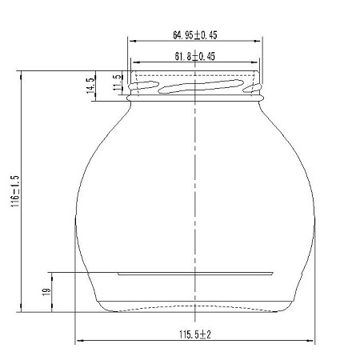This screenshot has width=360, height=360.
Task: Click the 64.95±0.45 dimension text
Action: [x=195, y=35]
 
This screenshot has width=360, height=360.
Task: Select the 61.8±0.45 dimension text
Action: [x=195, y=56]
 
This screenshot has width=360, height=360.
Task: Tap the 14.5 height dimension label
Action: [x=90, y=86]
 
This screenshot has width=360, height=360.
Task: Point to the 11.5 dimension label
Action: [x=118, y=82]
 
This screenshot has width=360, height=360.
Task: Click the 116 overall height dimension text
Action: [x=15, y=191]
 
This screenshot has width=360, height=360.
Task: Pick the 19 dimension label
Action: [x=46, y=291]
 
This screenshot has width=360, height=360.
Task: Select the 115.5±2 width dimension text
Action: [x=195, y=334]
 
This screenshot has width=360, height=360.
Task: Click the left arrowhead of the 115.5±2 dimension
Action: [x=79, y=341]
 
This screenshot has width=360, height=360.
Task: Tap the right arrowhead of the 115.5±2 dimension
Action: [x=310, y=341]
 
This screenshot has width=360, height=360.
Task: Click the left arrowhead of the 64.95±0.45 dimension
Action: [x=133, y=41]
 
